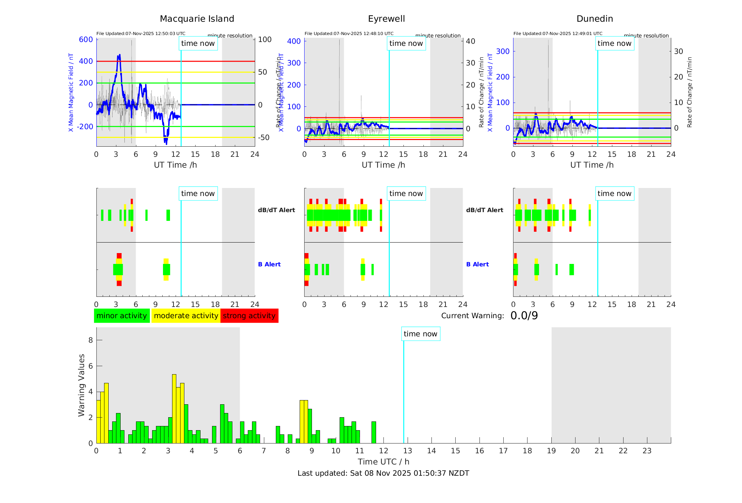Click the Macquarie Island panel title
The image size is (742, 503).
pyautogui.click(x=197, y=19)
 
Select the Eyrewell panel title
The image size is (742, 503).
pyautogui.click(x=386, y=19)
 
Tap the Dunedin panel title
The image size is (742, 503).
pyautogui.click(x=594, y=19)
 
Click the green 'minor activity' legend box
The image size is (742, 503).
pyautogui.click(x=122, y=316)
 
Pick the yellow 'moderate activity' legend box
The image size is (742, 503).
pyautogui.click(x=186, y=316)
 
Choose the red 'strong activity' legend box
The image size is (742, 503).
pyautogui.click(x=249, y=316)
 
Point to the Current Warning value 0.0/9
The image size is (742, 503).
pyautogui.click(x=524, y=316)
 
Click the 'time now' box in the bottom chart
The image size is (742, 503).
pyautogui.click(x=421, y=334)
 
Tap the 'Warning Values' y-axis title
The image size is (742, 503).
pyautogui.click(x=82, y=385)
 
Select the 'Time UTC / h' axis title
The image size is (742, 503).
pyautogui.click(x=383, y=462)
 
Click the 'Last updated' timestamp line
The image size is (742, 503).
pyautogui.click(x=383, y=473)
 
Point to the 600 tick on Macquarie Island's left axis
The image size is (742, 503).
pyautogui.click(x=86, y=40)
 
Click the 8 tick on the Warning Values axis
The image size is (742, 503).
pyautogui.click(x=91, y=340)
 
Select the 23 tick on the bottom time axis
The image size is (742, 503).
pyautogui.click(x=647, y=451)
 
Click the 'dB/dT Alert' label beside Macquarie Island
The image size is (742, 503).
pyautogui.click(x=276, y=210)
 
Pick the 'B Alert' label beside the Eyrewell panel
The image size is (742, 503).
pyautogui.click(x=477, y=264)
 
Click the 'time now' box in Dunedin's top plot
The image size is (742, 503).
pyautogui.click(x=614, y=43)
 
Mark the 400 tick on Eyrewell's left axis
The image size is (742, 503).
pyautogui.click(x=294, y=41)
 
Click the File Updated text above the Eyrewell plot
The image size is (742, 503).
pyautogui.click(x=349, y=34)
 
